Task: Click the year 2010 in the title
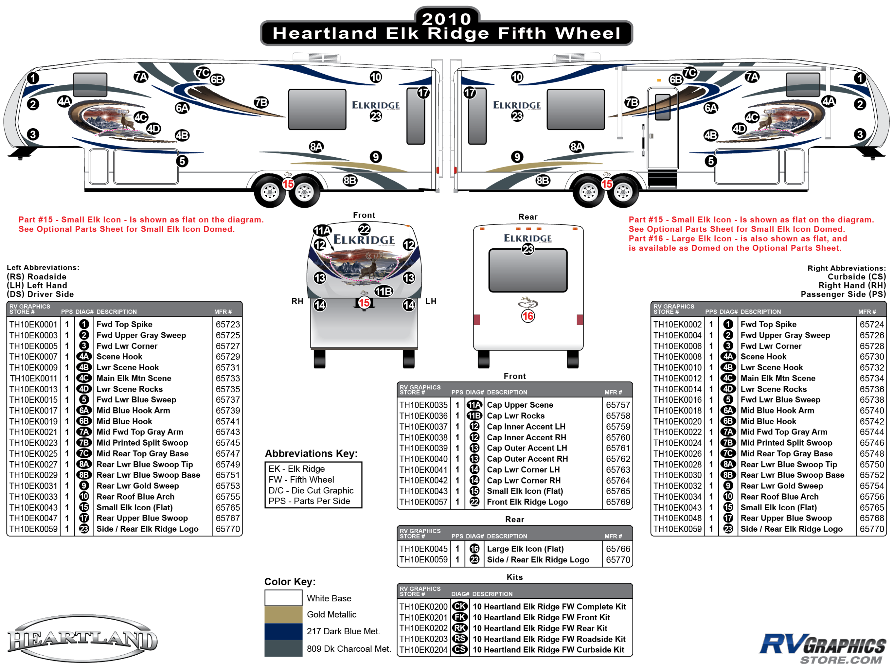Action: coord(446,19)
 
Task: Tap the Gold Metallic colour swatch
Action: coord(283,614)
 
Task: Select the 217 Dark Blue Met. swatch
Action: coord(283,631)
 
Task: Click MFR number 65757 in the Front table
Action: coord(618,405)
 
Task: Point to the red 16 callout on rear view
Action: coord(528,316)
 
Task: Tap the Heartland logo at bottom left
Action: coord(83,639)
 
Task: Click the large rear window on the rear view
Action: coord(528,270)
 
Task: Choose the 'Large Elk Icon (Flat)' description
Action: coord(525,549)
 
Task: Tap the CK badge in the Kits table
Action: coord(460,607)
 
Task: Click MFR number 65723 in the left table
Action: coord(228,324)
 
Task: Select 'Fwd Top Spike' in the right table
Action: coord(768,324)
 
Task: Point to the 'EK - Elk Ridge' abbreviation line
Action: coord(297,468)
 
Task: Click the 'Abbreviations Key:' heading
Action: coord(311,453)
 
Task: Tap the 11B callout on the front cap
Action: coord(384,291)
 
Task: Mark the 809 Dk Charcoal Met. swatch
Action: coord(283,648)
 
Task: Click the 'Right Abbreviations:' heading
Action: coord(846,268)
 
